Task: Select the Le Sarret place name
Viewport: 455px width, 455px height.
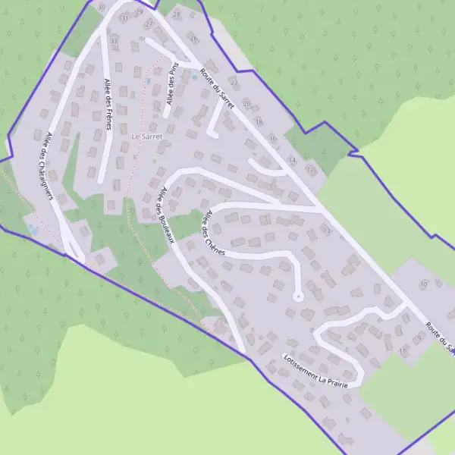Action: click(148, 136)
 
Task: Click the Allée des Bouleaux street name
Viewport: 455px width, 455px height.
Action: click(165, 215)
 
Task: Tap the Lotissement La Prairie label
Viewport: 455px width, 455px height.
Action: click(315, 371)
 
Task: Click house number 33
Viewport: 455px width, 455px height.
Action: click(114, 40)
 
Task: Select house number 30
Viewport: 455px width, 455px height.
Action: click(102, 7)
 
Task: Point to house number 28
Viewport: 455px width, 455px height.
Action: click(177, 14)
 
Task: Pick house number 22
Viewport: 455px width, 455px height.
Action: click(234, 82)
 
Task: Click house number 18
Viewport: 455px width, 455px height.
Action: click(259, 121)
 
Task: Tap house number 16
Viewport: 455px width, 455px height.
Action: click(272, 140)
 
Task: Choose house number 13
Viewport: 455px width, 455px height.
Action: click(327, 228)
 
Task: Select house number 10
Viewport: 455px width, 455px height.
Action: click(423, 284)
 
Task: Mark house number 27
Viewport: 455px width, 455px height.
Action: click(149, 24)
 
